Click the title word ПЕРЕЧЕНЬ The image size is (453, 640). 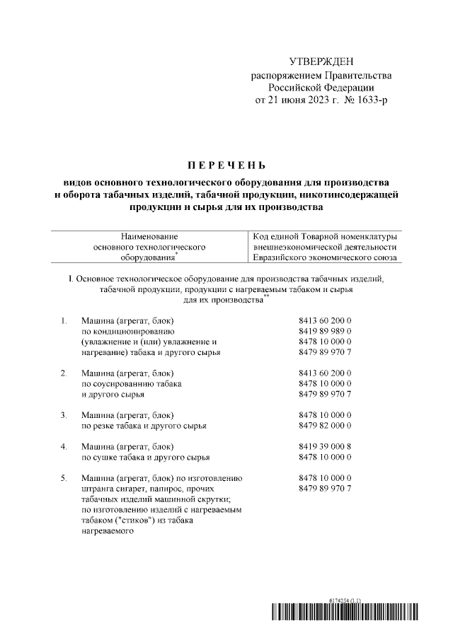pos(226,166)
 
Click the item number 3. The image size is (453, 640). pos(64,414)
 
